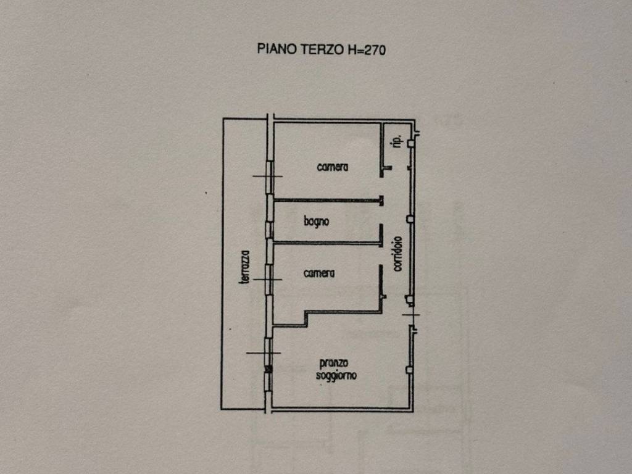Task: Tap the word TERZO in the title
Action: click(x=322, y=49)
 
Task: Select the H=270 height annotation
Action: click(x=367, y=49)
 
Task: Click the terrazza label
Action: click(x=244, y=267)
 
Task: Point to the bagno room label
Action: click(x=317, y=222)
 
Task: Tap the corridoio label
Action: click(x=397, y=254)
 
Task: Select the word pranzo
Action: click(x=334, y=364)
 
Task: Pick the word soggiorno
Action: click(x=336, y=376)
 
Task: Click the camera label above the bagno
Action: click(x=333, y=167)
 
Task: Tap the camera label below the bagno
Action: click(x=319, y=273)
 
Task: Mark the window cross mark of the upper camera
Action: click(x=268, y=176)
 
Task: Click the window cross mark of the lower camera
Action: click(x=267, y=280)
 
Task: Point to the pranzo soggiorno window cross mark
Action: click(x=264, y=352)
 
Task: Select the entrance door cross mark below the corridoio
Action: click(x=410, y=314)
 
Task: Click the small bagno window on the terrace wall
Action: click(x=269, y=230)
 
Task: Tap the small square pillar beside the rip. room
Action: click(x=410, y=143)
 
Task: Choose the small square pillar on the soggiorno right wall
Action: click(x=409, y=370)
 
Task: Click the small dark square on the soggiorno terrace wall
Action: click(x=268, y=368)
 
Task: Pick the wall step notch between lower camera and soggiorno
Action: click(x=306, y=318)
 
